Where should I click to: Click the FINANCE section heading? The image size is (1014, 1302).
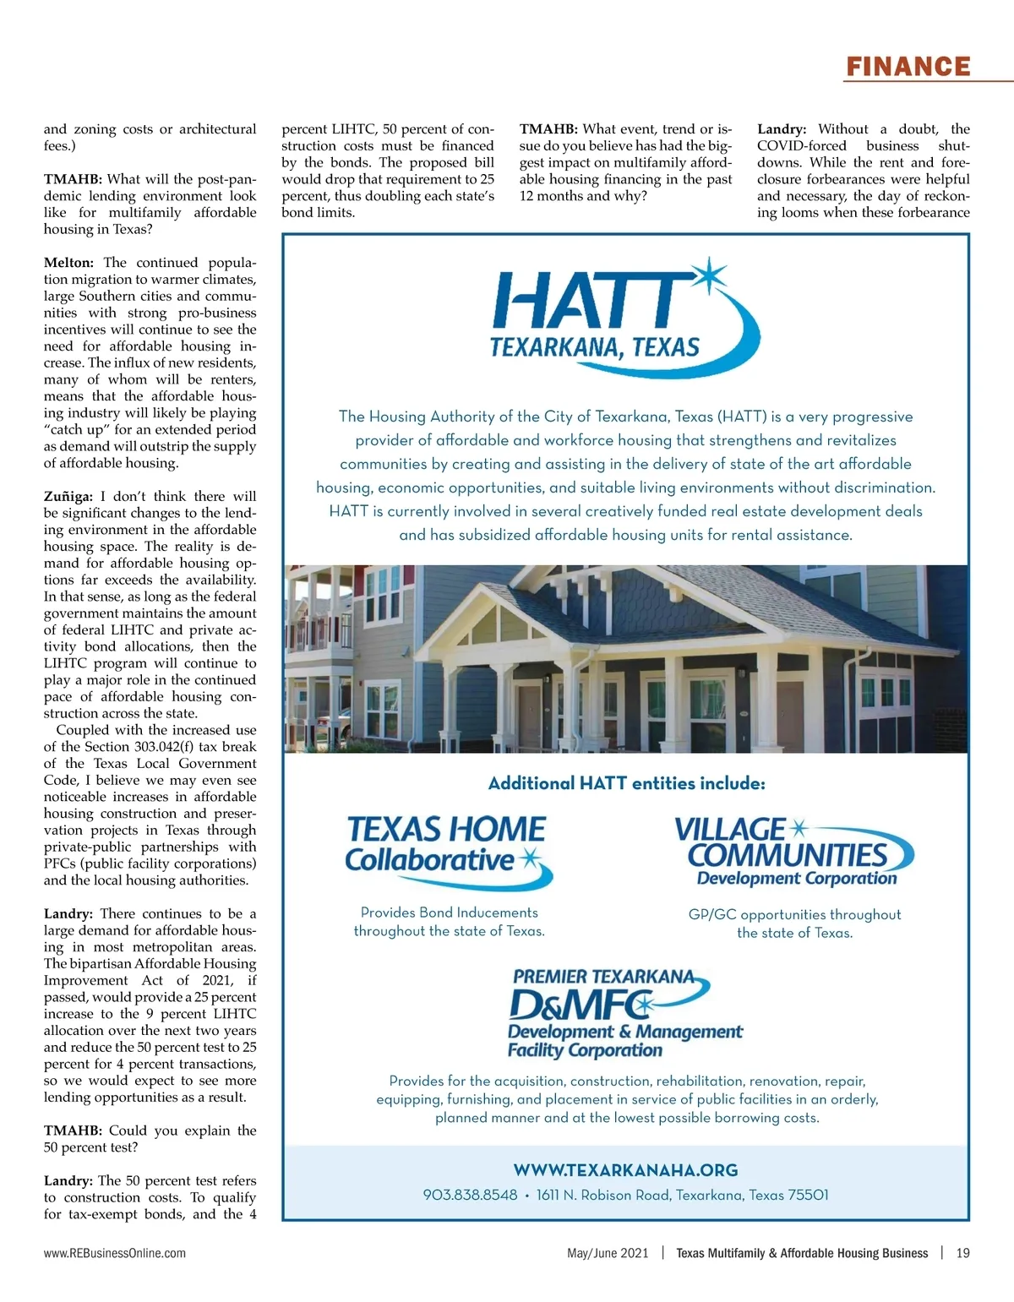pos(908,67)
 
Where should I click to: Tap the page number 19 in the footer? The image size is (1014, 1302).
pos(962,1253)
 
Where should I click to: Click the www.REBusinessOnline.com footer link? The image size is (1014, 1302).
pos(115,1253)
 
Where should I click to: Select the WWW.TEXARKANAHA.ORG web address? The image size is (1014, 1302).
pos(625,1170)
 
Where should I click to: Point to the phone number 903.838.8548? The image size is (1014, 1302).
pos(470,1195)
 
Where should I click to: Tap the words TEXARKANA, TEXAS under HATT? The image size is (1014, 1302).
pos(595,347)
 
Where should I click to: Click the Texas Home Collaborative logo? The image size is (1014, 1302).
pos(447,849)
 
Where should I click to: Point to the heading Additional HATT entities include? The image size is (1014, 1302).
pos(626,783)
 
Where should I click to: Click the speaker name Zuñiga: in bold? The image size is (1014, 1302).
pos(68,496)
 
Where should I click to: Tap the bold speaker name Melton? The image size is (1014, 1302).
pos(68,263)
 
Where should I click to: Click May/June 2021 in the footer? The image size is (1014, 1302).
pos(608,1253)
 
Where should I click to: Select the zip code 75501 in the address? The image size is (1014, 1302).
pos(808,1195)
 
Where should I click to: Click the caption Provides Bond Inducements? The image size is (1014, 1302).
pos(449,912)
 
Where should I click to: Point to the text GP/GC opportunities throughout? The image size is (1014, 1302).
pos(794,914)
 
